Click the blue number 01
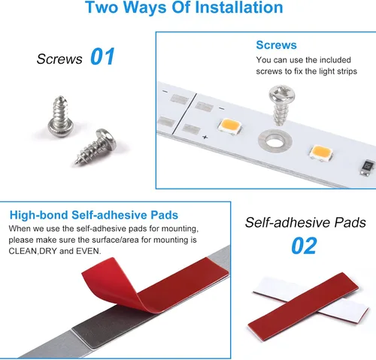point(102,56)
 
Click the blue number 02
point(304,246)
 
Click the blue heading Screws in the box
point(276,45)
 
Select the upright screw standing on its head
point(61,116)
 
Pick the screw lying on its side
point(96,147)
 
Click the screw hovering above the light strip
point(281,104)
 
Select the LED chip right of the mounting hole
point(321,153)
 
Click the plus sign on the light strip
point(205,137)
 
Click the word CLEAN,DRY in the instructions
point(32,251)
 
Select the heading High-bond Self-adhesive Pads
point(94,215)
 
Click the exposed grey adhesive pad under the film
point(105,325)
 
